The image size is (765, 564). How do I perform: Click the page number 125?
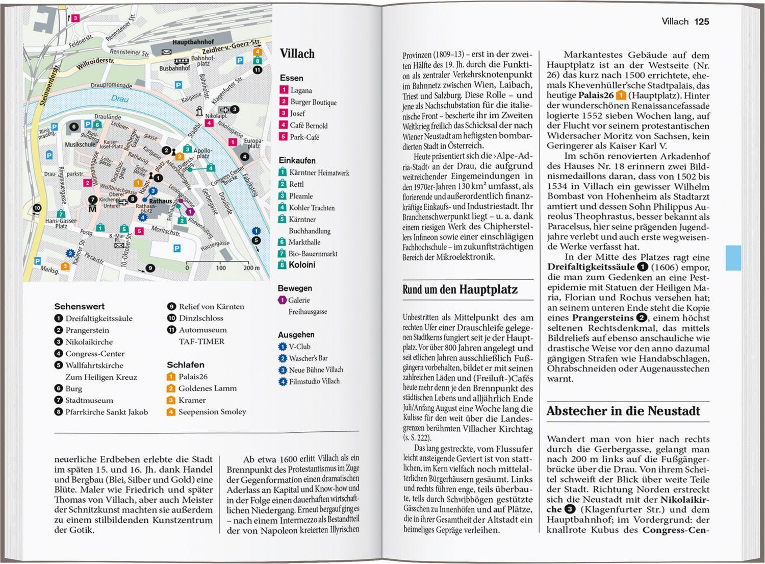(x=702, y=21)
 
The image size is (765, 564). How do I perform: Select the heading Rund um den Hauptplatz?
(x=460, y=290)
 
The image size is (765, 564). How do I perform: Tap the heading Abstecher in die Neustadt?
(x=623, y=411)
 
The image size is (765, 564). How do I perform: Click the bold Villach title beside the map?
(x=297, y=54)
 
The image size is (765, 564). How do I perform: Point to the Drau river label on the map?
(x=120, y=99)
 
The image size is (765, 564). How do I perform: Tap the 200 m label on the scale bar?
(x=251, y=268)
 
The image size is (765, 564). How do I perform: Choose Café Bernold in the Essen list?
(x=308, y=126)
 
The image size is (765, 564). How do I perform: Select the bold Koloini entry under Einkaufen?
(x=302, y=265)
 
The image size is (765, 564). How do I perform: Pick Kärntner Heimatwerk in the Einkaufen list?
(x=319, y=173)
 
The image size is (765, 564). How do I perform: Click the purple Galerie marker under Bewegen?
(x=282, y=300)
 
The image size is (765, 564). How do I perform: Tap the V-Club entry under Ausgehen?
(x=299, y=347)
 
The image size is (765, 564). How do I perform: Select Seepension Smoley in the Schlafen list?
(x=212, y=412)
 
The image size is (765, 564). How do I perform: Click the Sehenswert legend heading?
(x=79, y=307)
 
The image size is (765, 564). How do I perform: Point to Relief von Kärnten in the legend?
(x=211, y=307)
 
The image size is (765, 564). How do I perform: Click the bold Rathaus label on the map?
(x=160, y=201)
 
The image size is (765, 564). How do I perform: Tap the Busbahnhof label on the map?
(x=174, y=68)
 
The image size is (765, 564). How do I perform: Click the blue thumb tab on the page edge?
(x=733, y=258)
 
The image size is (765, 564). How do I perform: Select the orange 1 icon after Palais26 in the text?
(x=621, y=95)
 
